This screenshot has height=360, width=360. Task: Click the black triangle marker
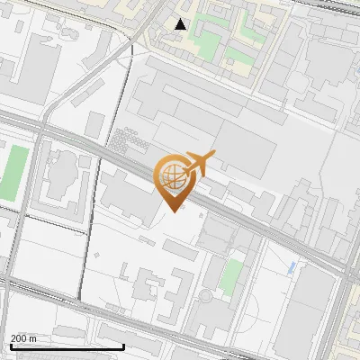(x=181, y=24)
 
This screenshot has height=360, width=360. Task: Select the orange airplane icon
(x=200, y=164)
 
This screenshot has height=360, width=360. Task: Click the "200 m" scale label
(x=23, y=338)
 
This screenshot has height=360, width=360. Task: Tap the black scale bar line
(x=67, y=346)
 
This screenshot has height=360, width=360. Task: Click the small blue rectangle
(x=291, y=267)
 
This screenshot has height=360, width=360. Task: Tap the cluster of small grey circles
(x=129, y=141)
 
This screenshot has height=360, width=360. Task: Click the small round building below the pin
(x=206, y=295)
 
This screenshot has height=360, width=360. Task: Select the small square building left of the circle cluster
(x=96, y=124)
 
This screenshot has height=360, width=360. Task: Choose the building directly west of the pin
(x=126, y=193)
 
